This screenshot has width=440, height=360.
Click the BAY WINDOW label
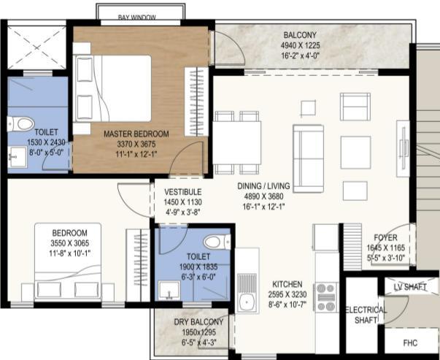tap(136, 18)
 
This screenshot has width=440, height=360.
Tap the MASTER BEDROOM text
tap(136, 134)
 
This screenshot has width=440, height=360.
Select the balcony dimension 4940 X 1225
tap(300, 45)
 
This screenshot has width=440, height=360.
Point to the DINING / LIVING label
tap(263, 186)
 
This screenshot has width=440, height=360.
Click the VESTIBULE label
tap(183, 192)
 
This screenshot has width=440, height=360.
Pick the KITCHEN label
tap(287, 284)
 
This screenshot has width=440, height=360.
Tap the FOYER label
tap(385, 237)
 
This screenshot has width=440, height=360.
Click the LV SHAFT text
tap(410, 287)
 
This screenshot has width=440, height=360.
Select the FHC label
tap(410, 343)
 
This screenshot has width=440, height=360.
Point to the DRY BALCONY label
tap(198, 322)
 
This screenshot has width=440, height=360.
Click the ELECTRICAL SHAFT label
tap(366, 315)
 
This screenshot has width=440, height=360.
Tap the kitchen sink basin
tap(247, 302)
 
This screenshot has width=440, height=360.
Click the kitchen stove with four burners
tap(327, 297)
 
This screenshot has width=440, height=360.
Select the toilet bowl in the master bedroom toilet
tap(21, 124)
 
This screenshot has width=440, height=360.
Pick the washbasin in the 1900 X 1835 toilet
tap(169, 291)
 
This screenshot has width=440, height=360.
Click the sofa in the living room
tap(309, 158)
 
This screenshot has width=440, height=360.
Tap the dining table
tap(237, 142)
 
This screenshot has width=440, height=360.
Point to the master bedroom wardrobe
tap(196, 102)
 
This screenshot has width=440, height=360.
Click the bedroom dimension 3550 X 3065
tap(70, 243)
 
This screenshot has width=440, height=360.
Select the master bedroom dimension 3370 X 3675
tap(136, 144)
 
